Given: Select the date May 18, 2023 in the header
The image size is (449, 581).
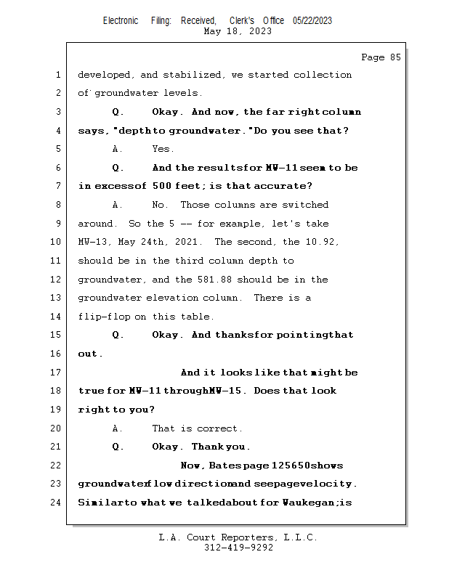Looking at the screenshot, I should coord(238,31).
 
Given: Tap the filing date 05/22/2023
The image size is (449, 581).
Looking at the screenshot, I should coord(312,20).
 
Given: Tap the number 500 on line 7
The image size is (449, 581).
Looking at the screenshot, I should coord(163,187).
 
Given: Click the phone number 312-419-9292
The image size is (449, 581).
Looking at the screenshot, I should coord(238,548).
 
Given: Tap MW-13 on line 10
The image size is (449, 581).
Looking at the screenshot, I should coord(92,242).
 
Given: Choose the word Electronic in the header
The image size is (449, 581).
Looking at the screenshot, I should coord(121,20).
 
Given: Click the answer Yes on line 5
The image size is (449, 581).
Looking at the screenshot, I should coord(163,149).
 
